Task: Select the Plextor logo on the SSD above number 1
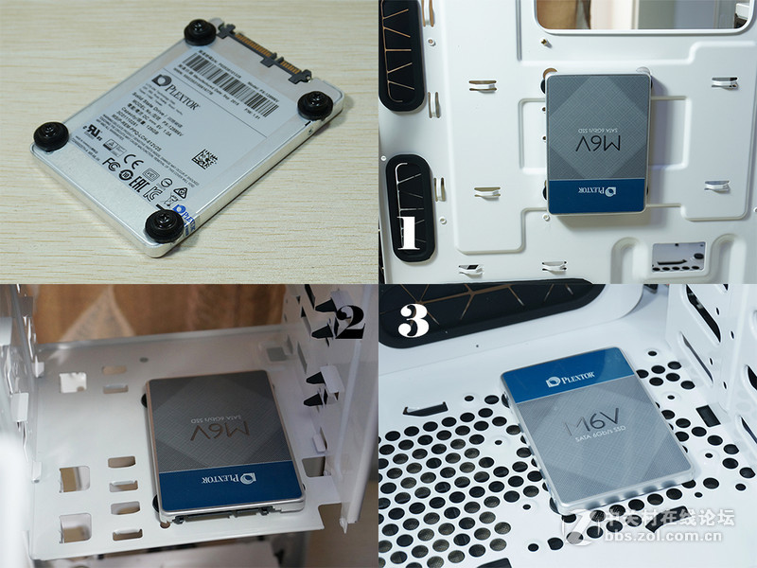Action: [x=618, y=195]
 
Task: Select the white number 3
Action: [x=414, y=322]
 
